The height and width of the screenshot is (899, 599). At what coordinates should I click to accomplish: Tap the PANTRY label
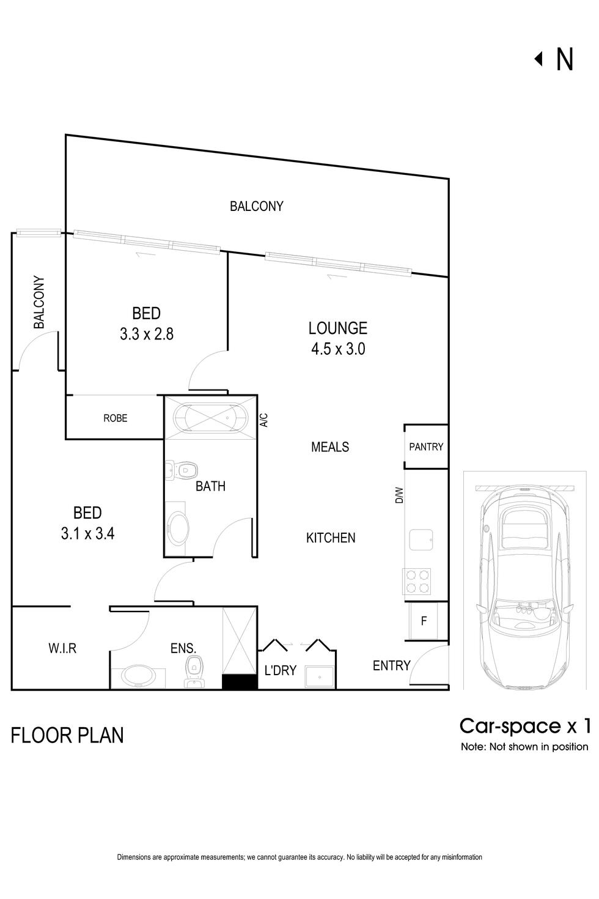click(426, 447)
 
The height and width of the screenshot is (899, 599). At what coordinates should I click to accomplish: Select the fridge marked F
click(424, 621)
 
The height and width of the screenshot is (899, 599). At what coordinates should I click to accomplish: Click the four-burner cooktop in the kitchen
click(416, 581)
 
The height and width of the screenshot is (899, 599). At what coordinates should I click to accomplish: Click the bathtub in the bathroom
click(211, 418)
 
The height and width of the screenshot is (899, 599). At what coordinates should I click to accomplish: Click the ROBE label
click(115, 418)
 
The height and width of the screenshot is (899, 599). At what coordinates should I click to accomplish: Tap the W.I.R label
click(62, 648)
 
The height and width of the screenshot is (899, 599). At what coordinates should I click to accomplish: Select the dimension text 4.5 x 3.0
click(338, 349)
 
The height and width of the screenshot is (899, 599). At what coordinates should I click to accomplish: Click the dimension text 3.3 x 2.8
click(147, 334)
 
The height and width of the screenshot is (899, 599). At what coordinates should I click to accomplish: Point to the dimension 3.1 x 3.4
click(88, 533)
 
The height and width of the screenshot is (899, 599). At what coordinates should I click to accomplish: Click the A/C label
click(263, 420)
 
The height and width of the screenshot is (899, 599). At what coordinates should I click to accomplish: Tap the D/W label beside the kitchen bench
click(399, 495)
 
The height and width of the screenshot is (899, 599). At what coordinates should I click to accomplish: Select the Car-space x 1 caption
click(524, 726)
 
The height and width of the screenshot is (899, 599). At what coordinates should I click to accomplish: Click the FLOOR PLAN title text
click(67, 735)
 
